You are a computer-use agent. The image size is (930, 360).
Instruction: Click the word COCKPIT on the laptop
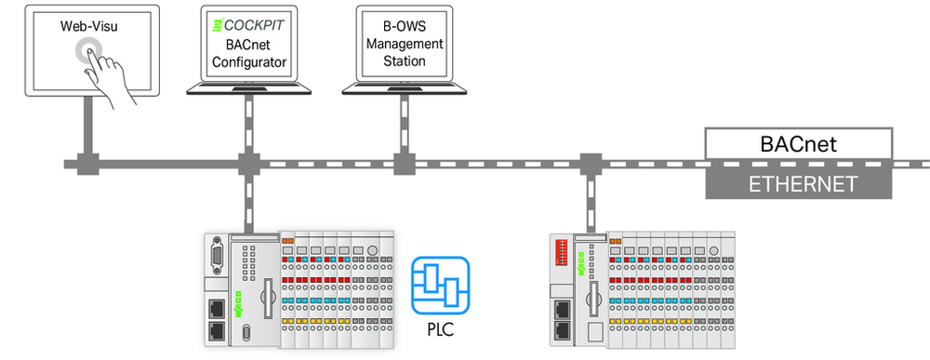254,25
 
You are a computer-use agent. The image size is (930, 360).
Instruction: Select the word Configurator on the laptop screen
249,61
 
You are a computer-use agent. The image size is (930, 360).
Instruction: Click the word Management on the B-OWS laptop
405,44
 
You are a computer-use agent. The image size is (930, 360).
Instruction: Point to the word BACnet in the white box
798,144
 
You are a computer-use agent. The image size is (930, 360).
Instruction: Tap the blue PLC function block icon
440,285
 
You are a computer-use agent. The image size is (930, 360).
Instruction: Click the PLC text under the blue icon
440,329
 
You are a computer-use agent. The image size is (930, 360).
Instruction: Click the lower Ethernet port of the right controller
561,331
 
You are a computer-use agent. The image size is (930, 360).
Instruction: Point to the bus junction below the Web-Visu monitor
87,164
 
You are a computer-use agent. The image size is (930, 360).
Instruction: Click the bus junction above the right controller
591,164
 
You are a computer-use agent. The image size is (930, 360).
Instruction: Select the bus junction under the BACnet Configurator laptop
249,164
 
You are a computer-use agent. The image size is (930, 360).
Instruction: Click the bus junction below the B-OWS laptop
405,164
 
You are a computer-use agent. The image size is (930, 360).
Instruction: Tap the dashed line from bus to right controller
591,203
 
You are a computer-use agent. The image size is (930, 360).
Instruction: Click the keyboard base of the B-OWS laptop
405,89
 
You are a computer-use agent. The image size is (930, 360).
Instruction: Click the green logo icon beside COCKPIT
217,26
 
